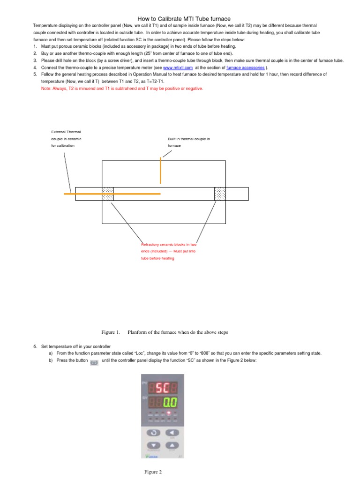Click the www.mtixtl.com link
(178, 67)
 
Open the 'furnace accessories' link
(245, 67)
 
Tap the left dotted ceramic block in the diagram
(108, 194)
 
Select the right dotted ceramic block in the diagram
(220, 194)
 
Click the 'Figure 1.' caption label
(111, 332)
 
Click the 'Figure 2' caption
(153, 472)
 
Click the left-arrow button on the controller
(172, 432)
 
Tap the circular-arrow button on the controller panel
(153, 432)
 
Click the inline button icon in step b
(93, 362)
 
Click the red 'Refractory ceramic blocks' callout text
(168, 251)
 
